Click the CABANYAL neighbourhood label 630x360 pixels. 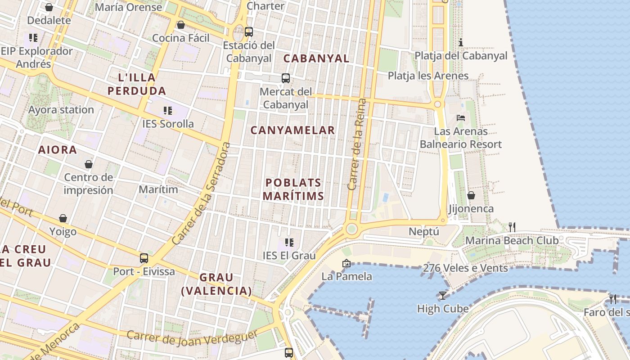click(x=316, y=58)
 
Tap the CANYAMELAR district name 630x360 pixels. click(x=292, y=130)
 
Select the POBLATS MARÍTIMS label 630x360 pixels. click(x=293, y=189)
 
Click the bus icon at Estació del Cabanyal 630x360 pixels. click(x=248, y=32)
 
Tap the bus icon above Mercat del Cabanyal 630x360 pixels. click(x=286, y=78)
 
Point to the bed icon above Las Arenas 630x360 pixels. click(x=461, y=118)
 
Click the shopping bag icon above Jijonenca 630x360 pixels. click(x=471, y=195)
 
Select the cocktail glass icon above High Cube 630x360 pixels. click(x=442, y=295)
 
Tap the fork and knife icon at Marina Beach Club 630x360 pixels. click(x=512, y=227)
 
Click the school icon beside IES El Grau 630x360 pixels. click(x=289, y=243)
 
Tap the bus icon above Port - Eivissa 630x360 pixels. click(x=144, y=258)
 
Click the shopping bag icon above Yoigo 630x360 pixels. click(x=63, y=218)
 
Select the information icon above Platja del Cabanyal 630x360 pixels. click(x=461, y=43)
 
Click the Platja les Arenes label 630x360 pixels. click(x=428, y=76)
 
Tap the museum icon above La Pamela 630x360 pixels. click(x=346, y=263)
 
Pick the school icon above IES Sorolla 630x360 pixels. click(x=168, y=110)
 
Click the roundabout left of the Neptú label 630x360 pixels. click(x=351, y=229)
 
